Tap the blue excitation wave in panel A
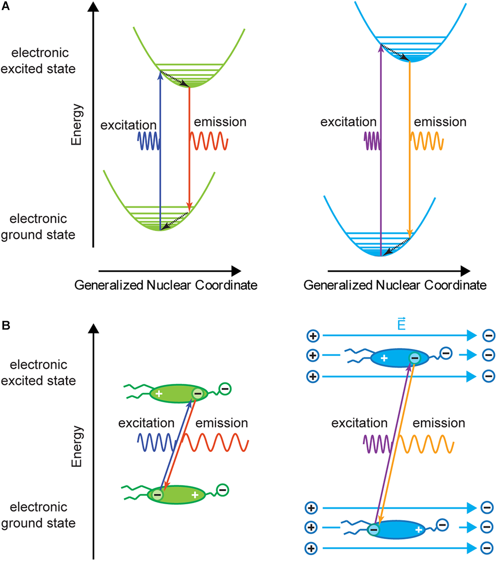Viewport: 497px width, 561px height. pos(148,141)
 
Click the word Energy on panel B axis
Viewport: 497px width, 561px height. pos(76,446)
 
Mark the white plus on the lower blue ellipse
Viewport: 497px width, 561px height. pos(418,530)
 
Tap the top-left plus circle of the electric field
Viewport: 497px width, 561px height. pos(313,337)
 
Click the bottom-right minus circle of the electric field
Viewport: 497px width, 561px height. pos(488,549)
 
